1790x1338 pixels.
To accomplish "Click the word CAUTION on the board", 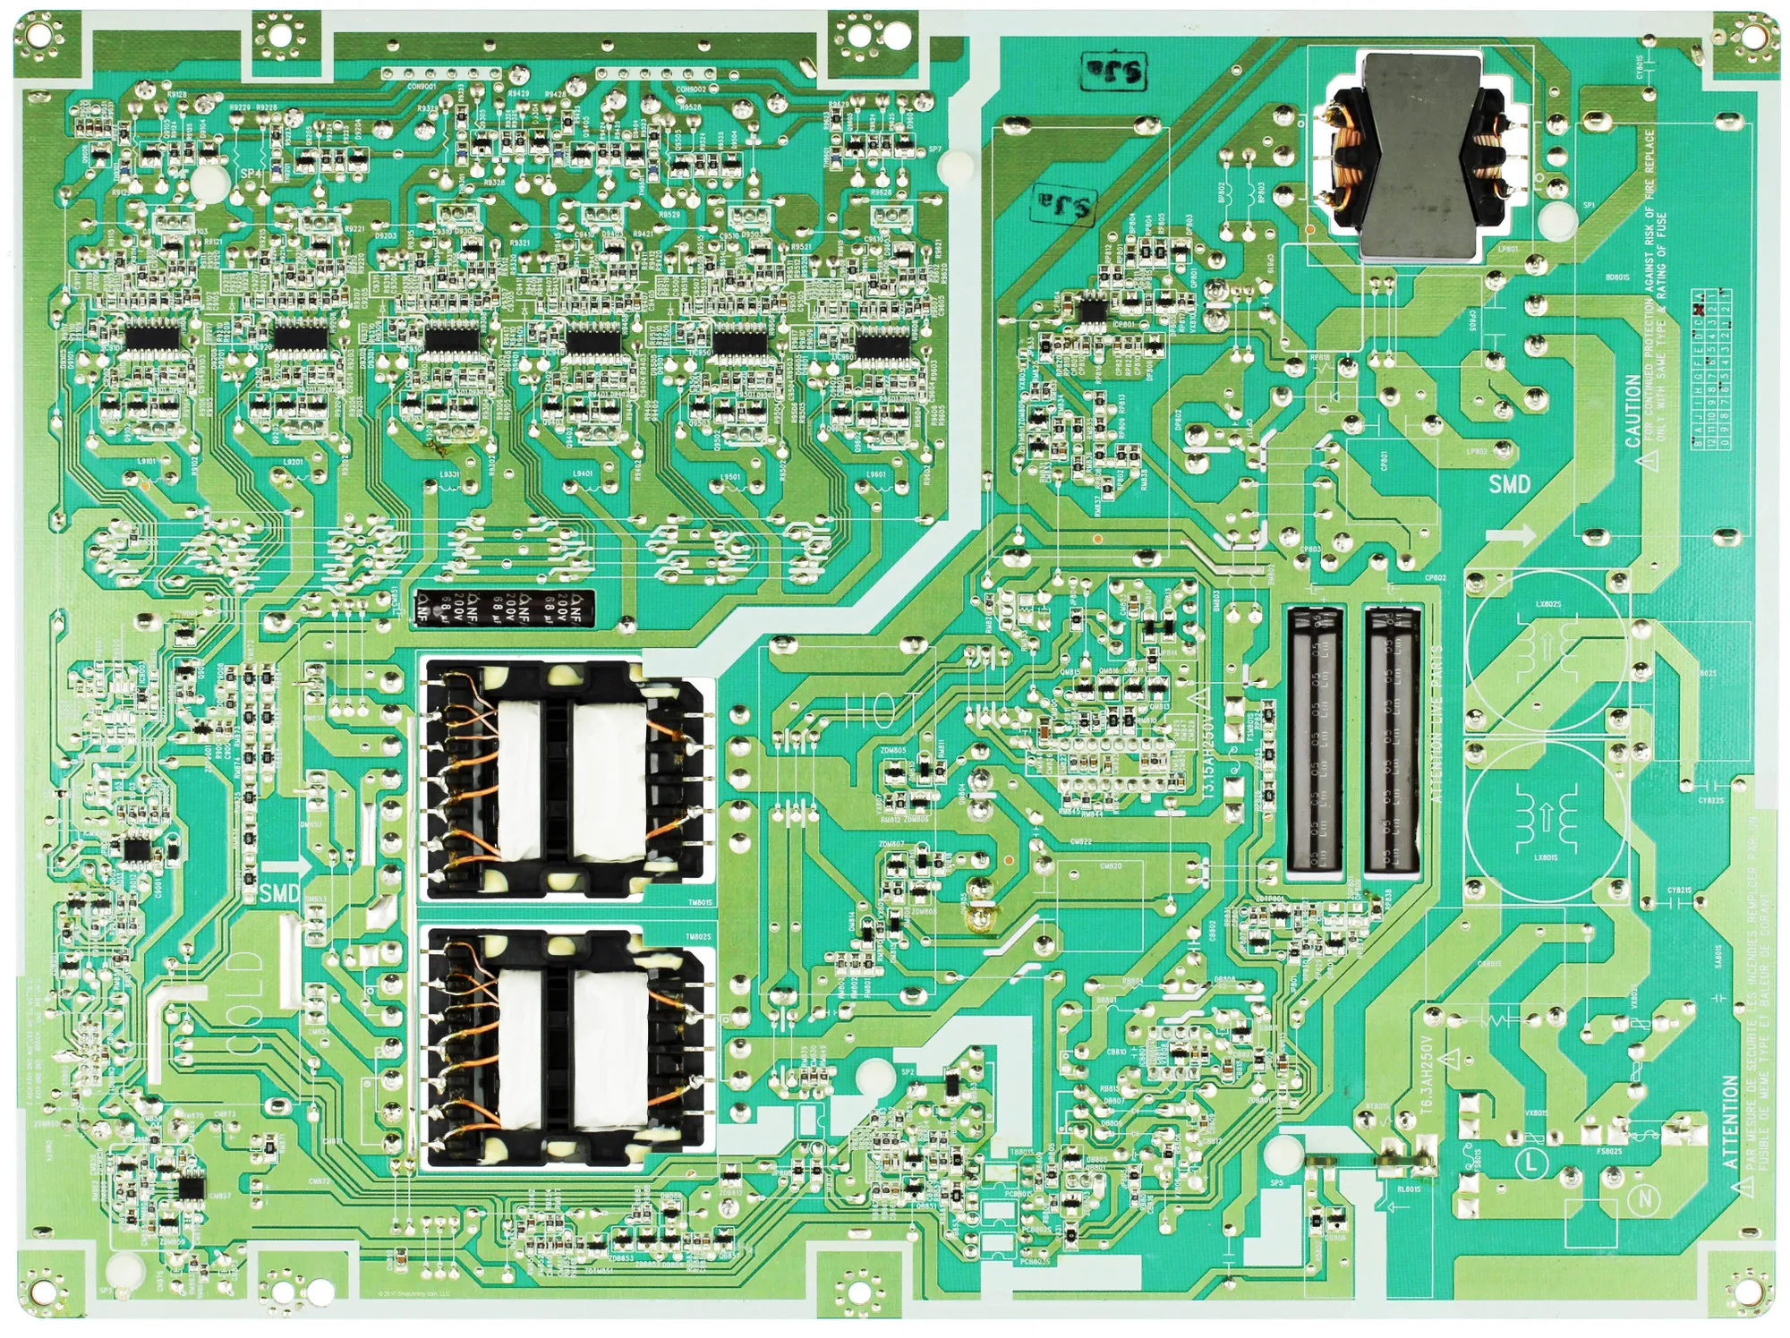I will click(x=1632, y=411).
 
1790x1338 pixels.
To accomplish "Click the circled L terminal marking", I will click(x=1531, y=1163).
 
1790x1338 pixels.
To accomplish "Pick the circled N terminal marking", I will click(x=1645, y=1201).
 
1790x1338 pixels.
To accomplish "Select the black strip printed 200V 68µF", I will click(x=504, y=606).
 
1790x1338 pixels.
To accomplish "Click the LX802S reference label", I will click(x=1547, y=604).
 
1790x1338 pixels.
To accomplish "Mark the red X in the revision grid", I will click(x=1698, y=310).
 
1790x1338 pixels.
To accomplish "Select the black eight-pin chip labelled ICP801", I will click(x=1093, y=310).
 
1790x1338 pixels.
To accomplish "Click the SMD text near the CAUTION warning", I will click(x=1509, y=484).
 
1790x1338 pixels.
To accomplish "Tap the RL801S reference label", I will click(x=1408, y=1189).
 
